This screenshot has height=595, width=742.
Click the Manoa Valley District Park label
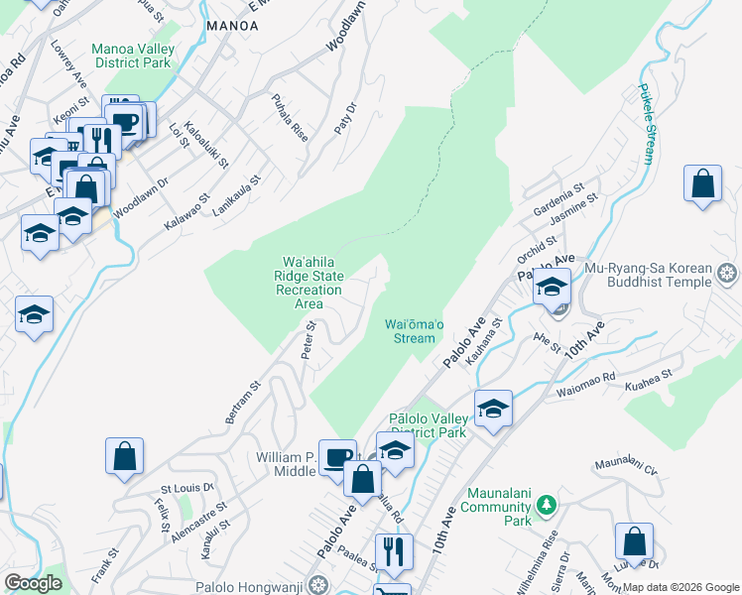[133, 57]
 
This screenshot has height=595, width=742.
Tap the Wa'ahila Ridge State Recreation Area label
[309, 283]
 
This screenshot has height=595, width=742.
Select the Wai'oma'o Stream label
[410, 330]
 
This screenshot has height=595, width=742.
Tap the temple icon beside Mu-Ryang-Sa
[728, 272]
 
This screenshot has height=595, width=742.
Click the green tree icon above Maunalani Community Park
[545, 507]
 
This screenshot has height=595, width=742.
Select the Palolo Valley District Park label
[428, 425]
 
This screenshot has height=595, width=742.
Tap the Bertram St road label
[242, 402]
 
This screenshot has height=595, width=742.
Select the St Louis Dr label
[187, 488]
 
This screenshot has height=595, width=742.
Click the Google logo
[33, 582]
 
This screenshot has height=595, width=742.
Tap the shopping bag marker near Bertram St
[125, 457]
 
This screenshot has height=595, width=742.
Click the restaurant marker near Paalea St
[394, 550]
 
